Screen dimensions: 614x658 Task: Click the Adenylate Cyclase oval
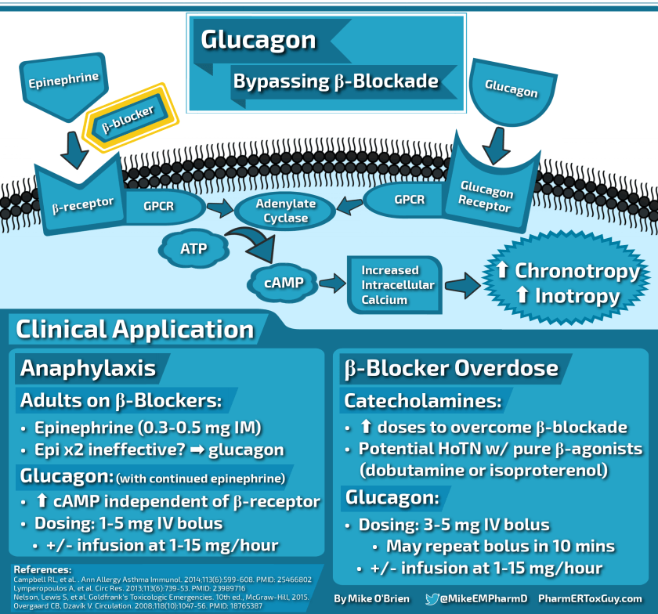point(286,211)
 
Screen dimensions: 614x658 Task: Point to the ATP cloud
point(194,250)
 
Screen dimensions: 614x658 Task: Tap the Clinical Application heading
point(135,330)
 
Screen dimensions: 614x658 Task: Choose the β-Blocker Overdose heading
point(450,368)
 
